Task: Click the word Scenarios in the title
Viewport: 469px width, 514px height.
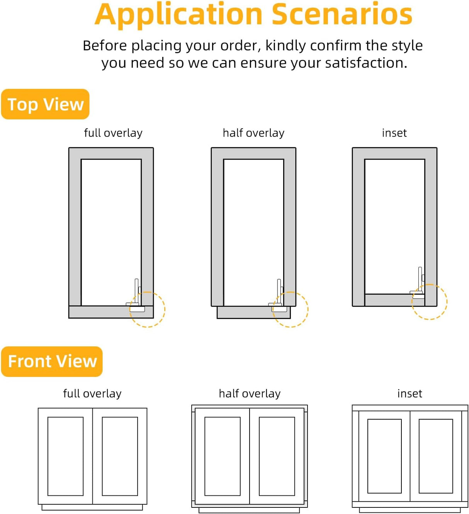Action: (x=342, y=14)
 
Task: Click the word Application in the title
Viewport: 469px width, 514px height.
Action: (x=179, y=14)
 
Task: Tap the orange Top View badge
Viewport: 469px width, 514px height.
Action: (x=45, y=104)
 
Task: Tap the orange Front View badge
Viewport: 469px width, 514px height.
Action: (x=52, y=361)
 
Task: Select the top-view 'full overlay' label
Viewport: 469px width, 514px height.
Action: (x=113, y=133)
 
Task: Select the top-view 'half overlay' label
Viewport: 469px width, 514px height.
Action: (x=253, y=133)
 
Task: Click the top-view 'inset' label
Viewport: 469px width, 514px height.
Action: (x=394, y=133)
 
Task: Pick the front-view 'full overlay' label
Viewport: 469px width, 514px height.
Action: (x=92, y=394)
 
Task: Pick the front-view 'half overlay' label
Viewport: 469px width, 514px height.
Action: (x=250, y=394)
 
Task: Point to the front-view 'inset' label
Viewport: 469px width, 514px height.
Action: (x=410, y=394)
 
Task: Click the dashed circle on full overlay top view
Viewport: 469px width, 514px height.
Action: (x=147, y=309)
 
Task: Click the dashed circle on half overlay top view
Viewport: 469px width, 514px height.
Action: (x=291, y=309)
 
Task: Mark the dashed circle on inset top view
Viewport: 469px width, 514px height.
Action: (x=429, y=302)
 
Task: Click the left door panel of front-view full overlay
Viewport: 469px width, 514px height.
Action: (x=65, y=456)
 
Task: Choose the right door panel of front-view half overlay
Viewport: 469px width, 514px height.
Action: (x=277, y=456)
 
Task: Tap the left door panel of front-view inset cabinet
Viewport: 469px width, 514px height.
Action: (x=384, y=456)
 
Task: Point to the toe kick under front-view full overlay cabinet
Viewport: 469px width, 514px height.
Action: (x=92, y=507)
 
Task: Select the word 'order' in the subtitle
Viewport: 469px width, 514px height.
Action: (x=240, y=46)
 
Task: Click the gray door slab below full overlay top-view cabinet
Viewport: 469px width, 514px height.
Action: (x=100, y=312)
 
